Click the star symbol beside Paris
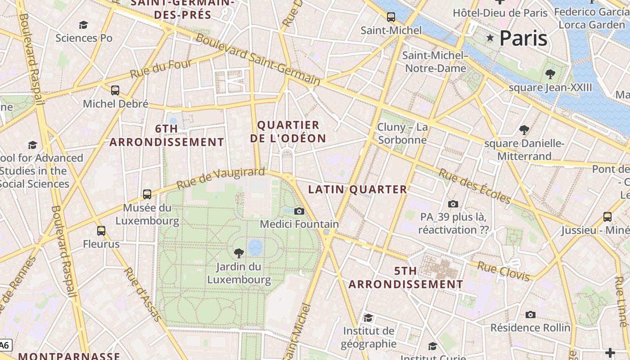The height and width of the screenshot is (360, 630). point(490,38)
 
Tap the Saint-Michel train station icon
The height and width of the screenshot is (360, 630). point(391,17)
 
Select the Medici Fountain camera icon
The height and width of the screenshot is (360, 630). point(299,211)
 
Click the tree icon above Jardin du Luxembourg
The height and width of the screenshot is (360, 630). point(239,253)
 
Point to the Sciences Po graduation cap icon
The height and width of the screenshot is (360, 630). point(83,25)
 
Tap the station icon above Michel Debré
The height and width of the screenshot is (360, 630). point(115,90)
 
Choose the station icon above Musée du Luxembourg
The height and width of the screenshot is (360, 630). point(147,194)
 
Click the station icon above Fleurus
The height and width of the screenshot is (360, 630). point(101,231)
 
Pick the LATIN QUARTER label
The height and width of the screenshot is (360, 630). point(358,189)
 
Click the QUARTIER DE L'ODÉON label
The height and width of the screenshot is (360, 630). point(288,131)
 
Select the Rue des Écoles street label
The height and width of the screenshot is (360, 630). point(475,186)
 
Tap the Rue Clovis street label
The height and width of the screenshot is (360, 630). point(503,271)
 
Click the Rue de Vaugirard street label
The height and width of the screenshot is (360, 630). point(220,179)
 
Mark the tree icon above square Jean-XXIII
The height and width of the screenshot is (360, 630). point(550,74)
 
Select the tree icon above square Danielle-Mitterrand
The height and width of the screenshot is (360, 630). point(524,130)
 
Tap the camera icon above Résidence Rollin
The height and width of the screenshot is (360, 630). point(531,315)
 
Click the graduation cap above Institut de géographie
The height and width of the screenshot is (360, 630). point(369,318)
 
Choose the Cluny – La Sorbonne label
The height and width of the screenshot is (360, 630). point(403,134)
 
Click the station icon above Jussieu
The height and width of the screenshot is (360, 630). point(607,217)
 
